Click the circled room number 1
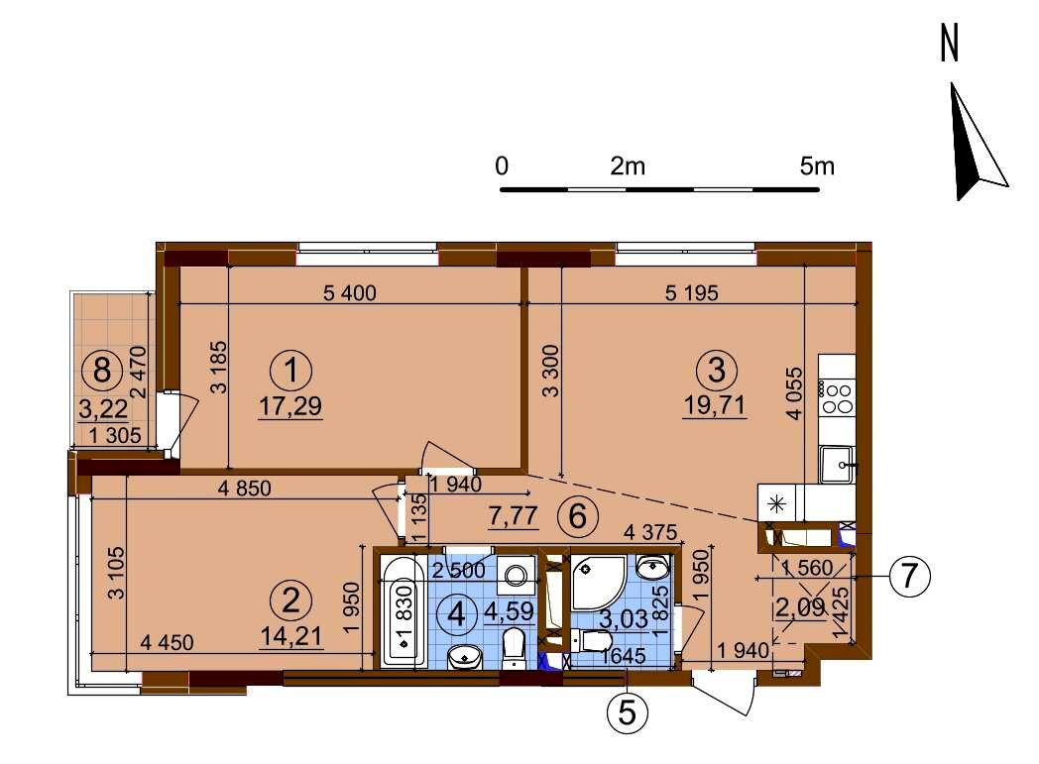coord(290,371)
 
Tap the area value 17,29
coord(290,406)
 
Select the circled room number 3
coord(717,370)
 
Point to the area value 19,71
coord(715,404)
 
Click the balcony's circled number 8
coord(102,370)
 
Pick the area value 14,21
coord(291,637)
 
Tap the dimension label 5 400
coord(350,292)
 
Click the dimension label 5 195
coord(692,292)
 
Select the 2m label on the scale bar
coord(627,165)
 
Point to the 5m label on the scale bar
coord(817,165)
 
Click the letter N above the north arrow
coord(950,44)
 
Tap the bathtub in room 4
coord(404,611)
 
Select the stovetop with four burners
coord(837,397)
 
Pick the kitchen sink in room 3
coord(837,464)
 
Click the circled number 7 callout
coord(909,577)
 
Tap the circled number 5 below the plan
coord(627,713)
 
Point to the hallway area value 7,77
coord(513,515)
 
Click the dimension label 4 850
coord(245,489)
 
